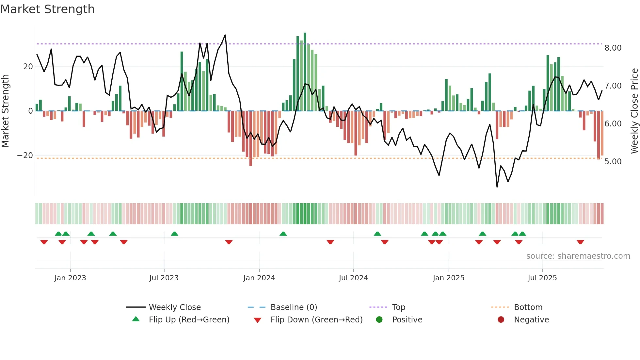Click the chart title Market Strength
[x=47, y=9]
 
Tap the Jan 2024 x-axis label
[x=259, y=278]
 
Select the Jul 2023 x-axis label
[x=164, y=278]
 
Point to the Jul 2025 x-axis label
[x=542, y=278]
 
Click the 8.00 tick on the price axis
[x=613, y=48]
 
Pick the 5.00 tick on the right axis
[x=613, y=162]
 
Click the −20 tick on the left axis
[x=25, y=155]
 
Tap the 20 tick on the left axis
[x=28, y=67]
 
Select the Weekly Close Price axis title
[x=634, y=111]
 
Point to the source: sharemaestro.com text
[x=578, y=256]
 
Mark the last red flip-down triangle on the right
[x=580, y=242]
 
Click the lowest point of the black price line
[x=497, y=187]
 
